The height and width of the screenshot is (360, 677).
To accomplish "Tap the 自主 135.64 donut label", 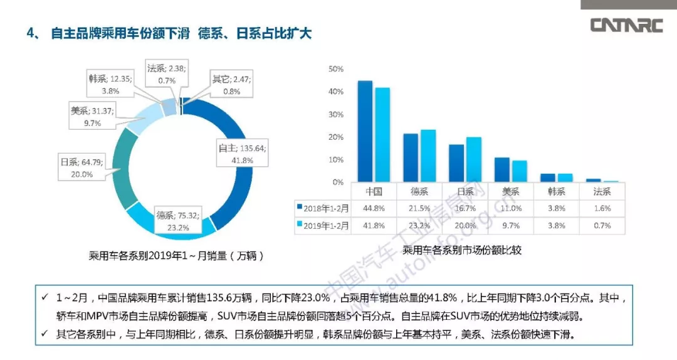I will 242,154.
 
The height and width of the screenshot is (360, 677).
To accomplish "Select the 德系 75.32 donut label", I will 178,221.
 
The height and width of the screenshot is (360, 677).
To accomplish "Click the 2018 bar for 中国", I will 365,131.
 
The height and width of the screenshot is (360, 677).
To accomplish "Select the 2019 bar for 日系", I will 474,159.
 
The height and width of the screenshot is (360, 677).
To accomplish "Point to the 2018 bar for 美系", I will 502,169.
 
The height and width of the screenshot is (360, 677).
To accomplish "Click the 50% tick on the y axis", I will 336,69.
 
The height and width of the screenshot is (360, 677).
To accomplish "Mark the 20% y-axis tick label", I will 336,137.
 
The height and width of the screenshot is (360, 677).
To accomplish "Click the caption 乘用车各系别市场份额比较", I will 463,250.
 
